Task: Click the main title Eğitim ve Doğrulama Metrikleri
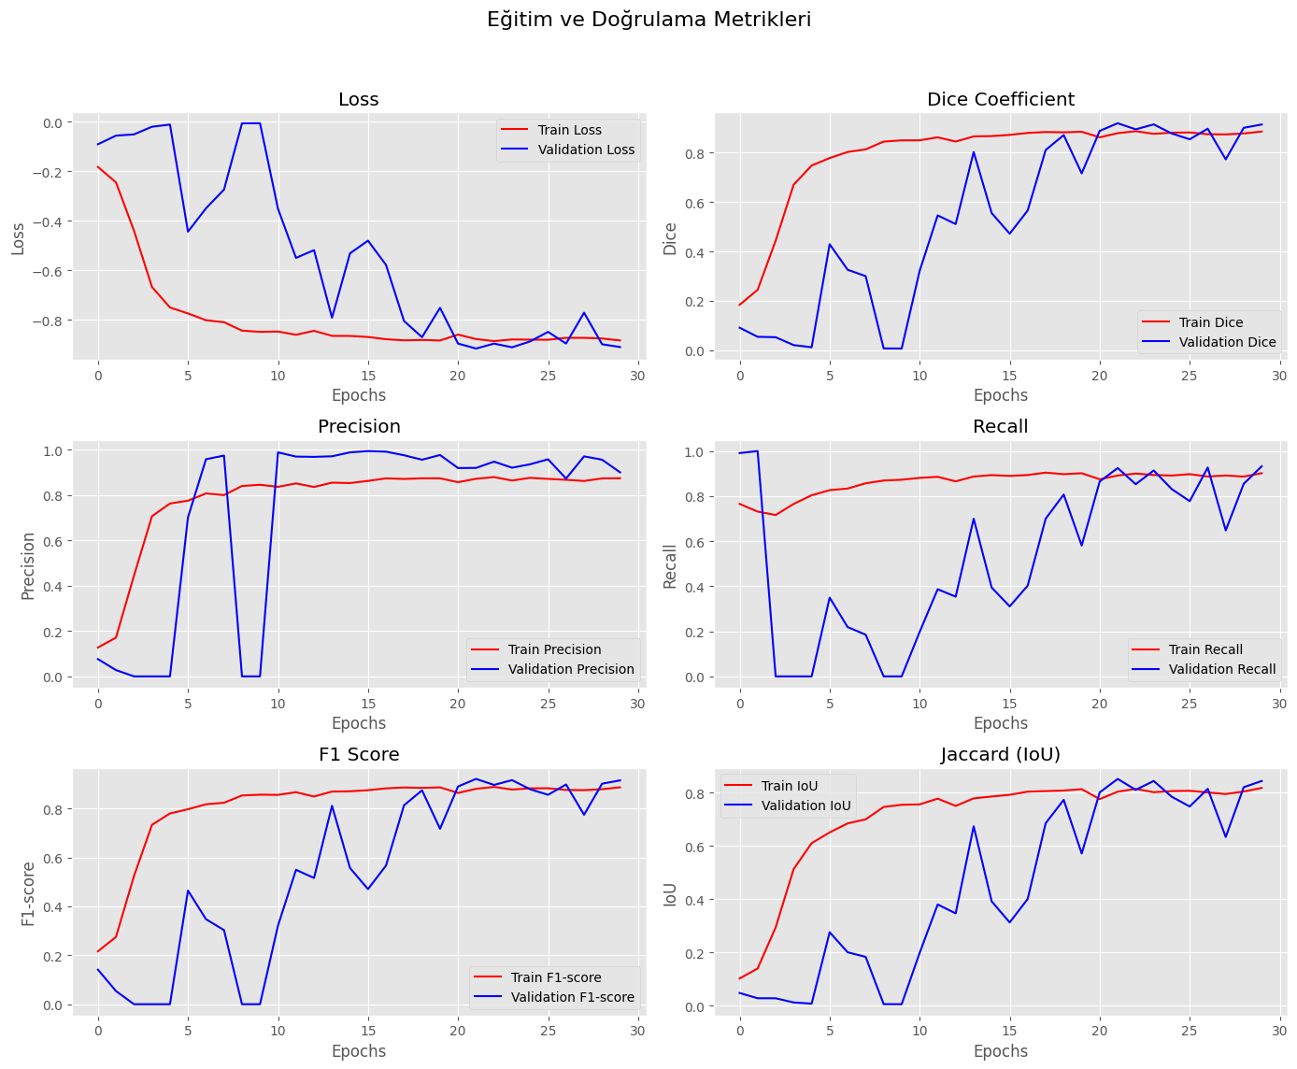pyautogui.click(x=648, y=20)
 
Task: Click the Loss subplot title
pyautogui.click(x=358, y=100)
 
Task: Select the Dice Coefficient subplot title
pyautogui.click(x=1000, y=100)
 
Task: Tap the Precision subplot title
pyautogui.click(x=359, y=427)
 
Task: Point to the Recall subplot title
pyautogui.click(x=1000, y=427)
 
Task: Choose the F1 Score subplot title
pyautogui.click(x=359, y=754)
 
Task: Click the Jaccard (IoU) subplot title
pyautogui.click(x=1000, y=754)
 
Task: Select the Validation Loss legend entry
pyautogui.click(x=586, y=150)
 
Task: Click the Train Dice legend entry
pyautogui.click(x=1209, y=322)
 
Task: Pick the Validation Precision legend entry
pyautogui.click(x=570, y=669)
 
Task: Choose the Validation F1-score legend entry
pyautogui.click(x=572, y=997)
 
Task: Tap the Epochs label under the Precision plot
pyautogui.click(x=359, y=723)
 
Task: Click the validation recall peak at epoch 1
pyautogui.click(x=758, y=451)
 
